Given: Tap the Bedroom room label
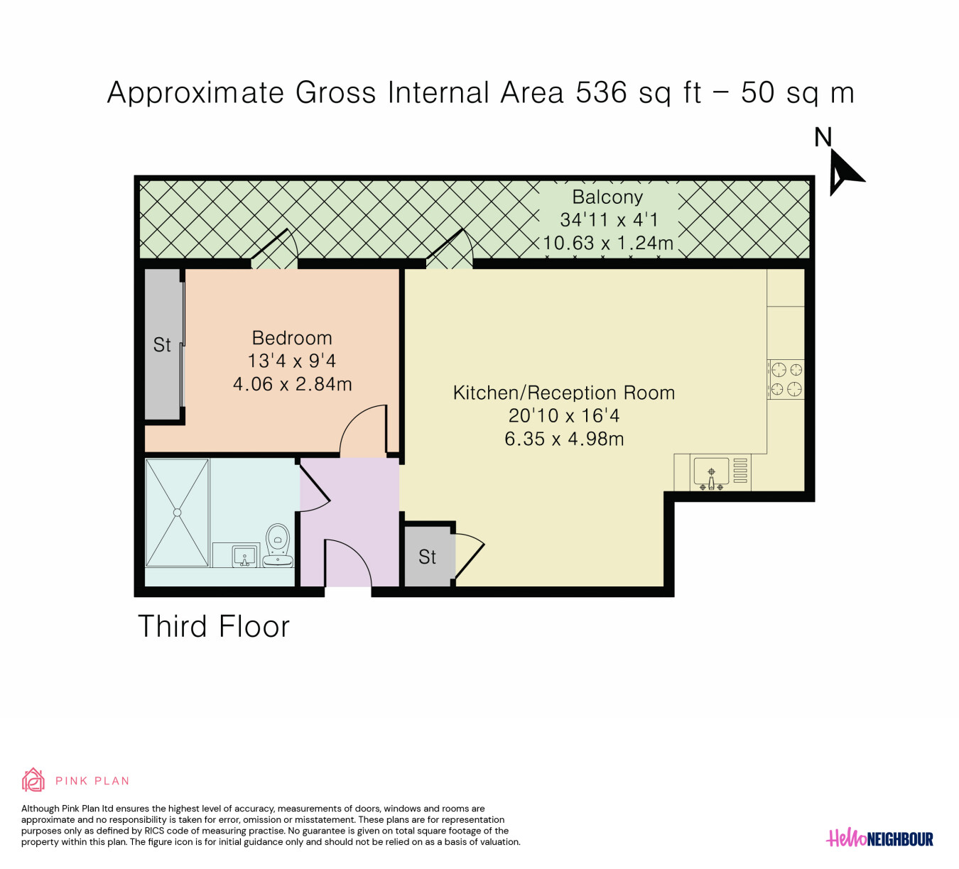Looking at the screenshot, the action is point(292,338).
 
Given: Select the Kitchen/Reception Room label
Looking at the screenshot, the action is point(563,393).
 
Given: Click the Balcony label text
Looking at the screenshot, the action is point(607,197).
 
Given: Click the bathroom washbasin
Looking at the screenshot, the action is point(245,557).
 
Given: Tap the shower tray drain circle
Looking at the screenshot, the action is point(178,513).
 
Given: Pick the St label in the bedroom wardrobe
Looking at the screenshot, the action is point(162,344).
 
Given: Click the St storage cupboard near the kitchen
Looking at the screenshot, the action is point(427,557).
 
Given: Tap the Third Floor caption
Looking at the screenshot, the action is point(214,625).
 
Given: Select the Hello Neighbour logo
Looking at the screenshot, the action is point(879,838).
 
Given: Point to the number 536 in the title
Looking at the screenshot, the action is point(601,92).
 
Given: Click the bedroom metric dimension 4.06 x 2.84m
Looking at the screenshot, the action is point(292,384).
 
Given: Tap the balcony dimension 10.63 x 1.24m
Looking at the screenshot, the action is point(607,244).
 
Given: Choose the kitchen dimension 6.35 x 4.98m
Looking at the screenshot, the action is point(564,439).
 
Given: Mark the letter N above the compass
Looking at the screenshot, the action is point(823,137).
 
